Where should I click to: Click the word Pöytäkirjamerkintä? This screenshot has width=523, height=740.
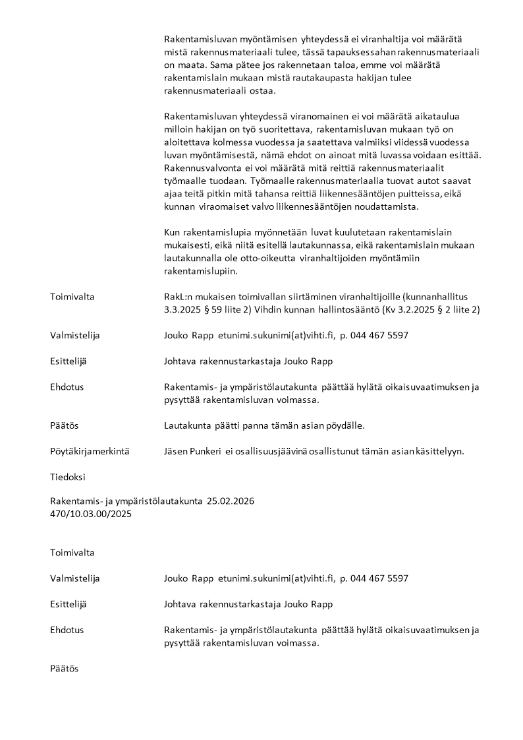tap(89, 452)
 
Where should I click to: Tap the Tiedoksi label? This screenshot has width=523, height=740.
tap(68, 477)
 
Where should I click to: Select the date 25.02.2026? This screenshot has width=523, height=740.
tap(230, 501)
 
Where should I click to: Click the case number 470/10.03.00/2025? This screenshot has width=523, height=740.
tap(91, 514)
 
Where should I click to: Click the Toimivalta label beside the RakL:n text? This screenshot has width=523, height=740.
tap(72, 296)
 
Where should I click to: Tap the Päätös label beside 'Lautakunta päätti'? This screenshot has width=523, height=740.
tap(65, 425)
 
